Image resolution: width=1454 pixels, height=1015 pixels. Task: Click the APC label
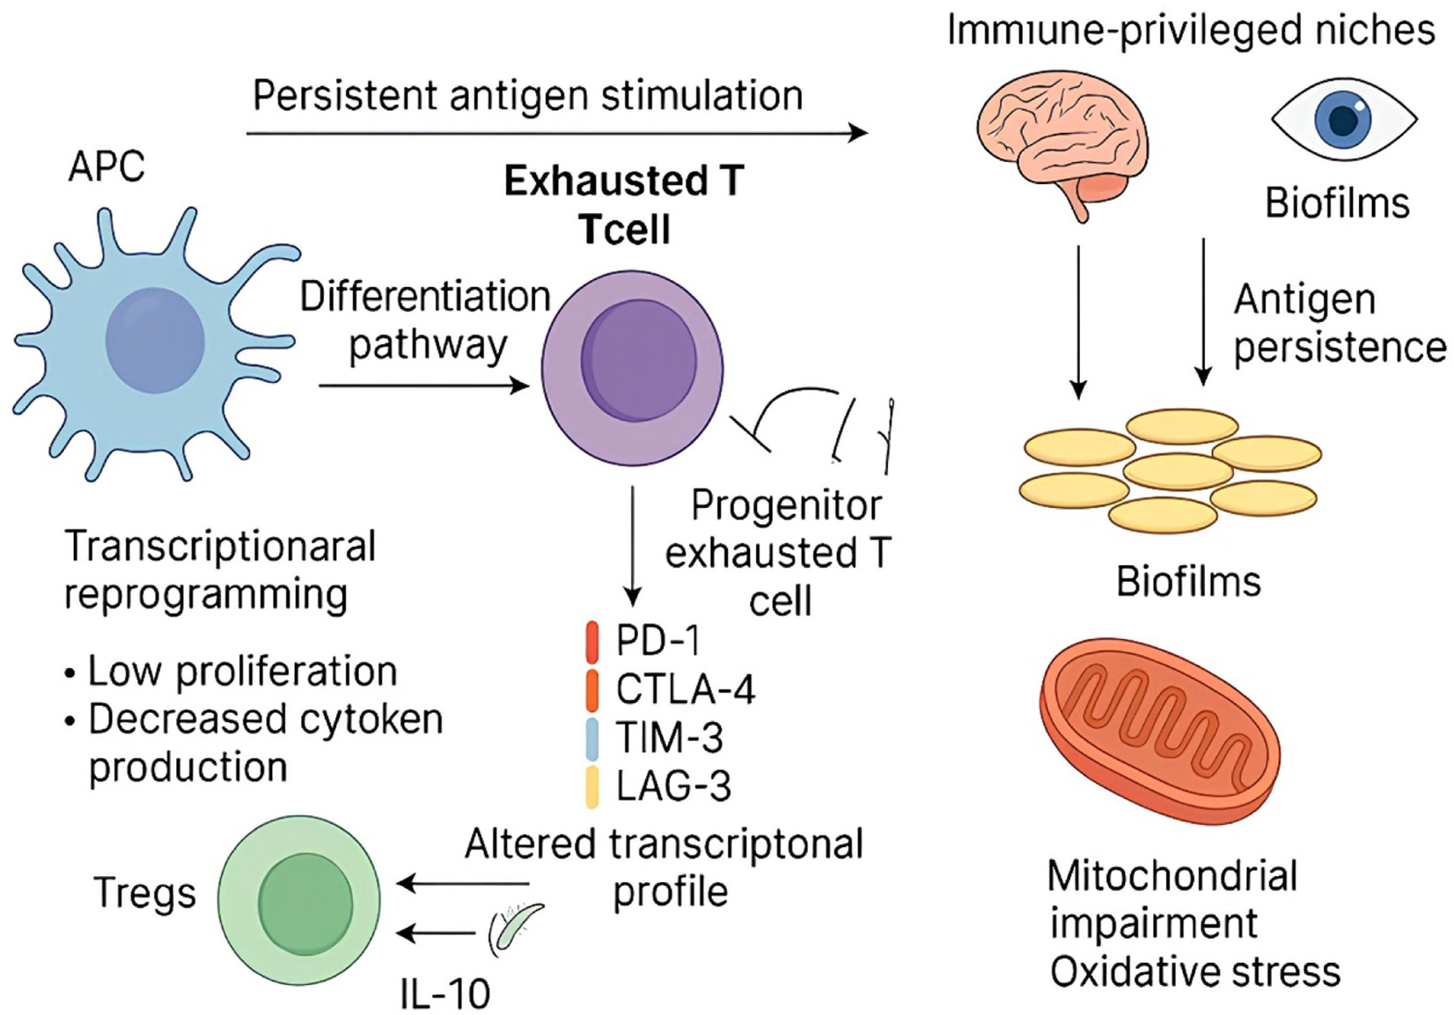click(x=106, y=167)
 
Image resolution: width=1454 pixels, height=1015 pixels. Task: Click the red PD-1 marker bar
click(x=592, y=642)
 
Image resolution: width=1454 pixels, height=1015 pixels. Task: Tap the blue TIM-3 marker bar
click(x=592, y=738)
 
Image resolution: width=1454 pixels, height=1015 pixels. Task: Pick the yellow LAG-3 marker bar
click(x=592, y=787)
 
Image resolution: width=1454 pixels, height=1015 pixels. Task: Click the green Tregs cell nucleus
click(x=306, y=900)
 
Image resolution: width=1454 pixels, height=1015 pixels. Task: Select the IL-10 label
click(x=445, y=994)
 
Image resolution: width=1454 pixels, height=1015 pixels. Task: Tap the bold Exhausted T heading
click(x=624, y=181)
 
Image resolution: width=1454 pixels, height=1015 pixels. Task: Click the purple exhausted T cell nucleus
click(x=639, y=360)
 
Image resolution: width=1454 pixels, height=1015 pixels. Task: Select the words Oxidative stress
click(x=1196, y=972)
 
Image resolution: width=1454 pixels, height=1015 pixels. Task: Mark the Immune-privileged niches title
click(x=1191, y=30)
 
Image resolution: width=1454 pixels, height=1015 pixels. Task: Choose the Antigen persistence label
click(x=1338, y=323)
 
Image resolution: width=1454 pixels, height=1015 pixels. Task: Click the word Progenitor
click(x=786, y=505)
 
